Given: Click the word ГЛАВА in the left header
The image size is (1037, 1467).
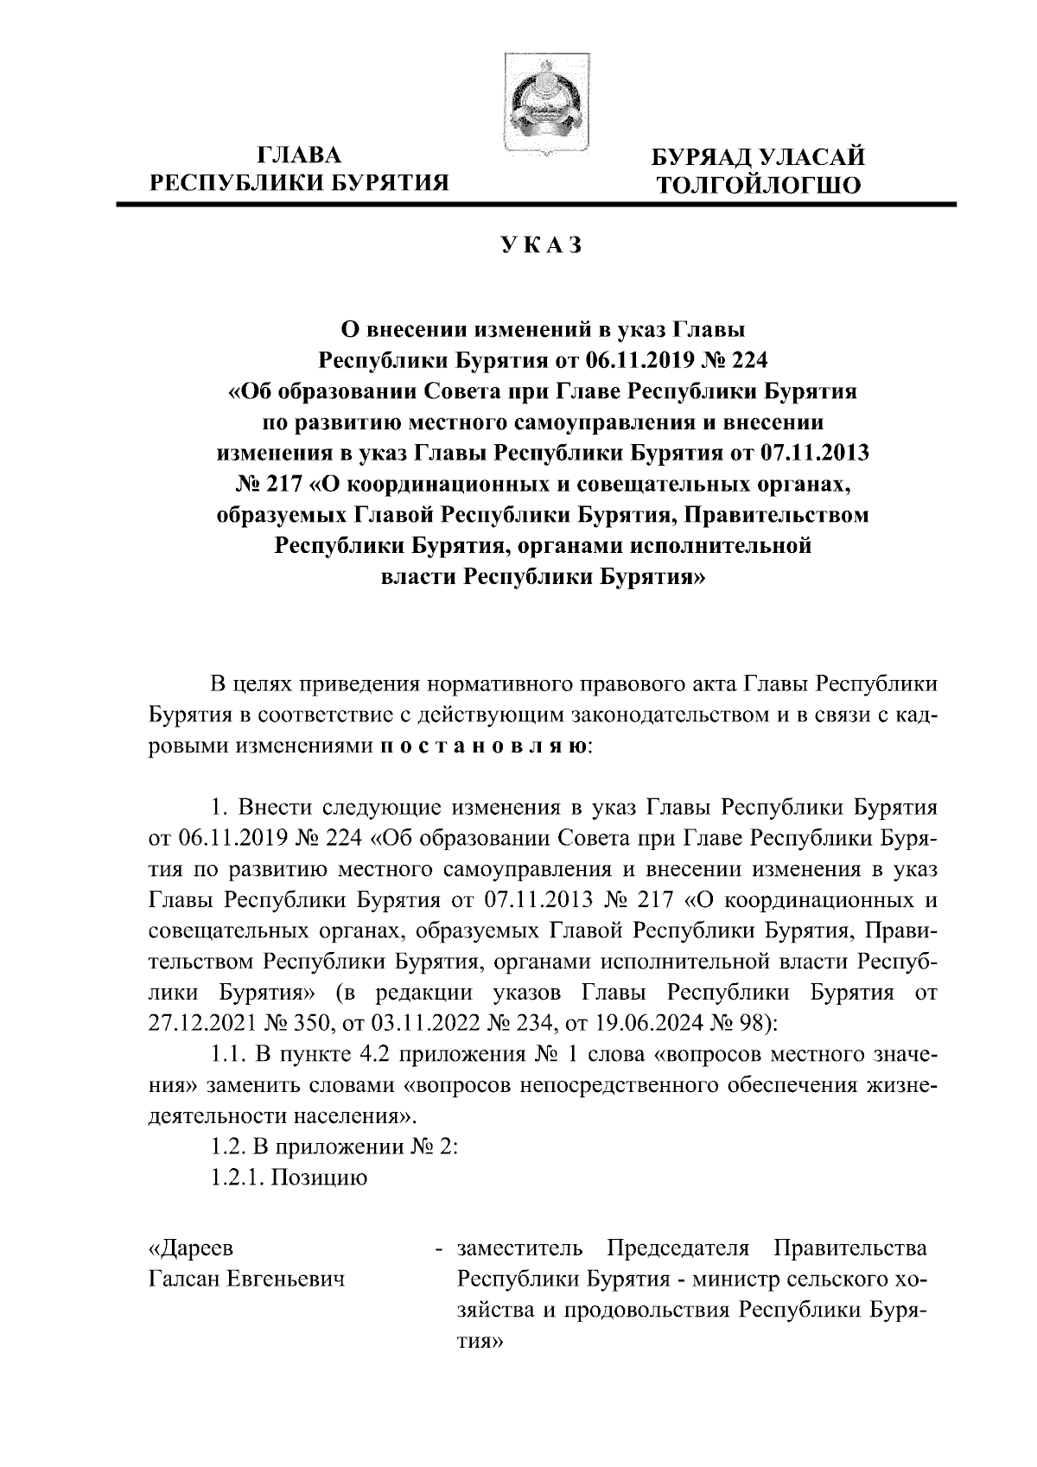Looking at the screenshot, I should coord(300,156).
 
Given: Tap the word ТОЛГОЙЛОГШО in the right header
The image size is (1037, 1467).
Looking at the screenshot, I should coord(759,185).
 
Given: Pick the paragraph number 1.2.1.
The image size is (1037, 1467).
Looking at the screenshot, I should coord(238,1178).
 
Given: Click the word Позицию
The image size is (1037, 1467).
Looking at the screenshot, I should coord(320,1178).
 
